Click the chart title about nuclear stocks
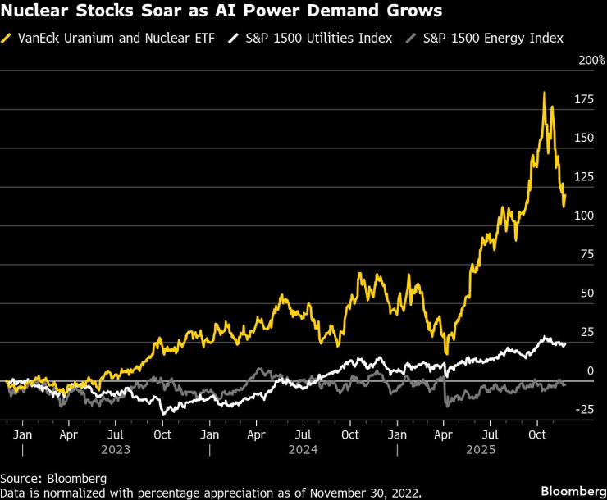coord(221,12)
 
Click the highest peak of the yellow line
coord(545,93)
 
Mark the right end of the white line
coord(565,343)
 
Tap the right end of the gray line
coord(565,384)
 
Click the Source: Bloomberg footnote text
coord(53,477)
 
